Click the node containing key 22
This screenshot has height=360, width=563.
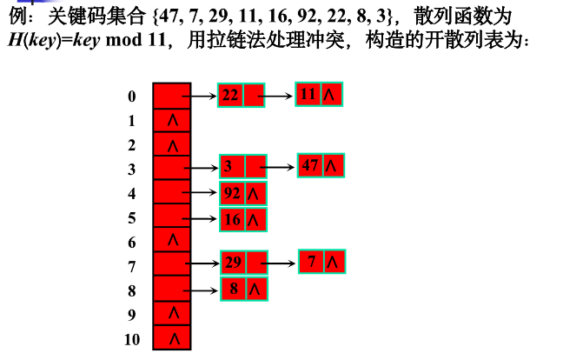tap(241, 95)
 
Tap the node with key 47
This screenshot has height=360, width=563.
tap(321, 165)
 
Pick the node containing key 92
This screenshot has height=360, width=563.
tap(242, 194)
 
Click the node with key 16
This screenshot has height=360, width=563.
tap(242, 220)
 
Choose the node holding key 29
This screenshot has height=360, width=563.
tap(242, 262)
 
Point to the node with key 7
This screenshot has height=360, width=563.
tap(321, 261)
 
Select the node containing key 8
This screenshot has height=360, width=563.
tap(242, 289)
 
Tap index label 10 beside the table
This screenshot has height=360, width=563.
tap(131, 339)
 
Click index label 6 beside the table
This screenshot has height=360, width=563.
tap(131, 242)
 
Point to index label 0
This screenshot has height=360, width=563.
tap(131, 97)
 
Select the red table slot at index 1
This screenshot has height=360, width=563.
tap(171, 120)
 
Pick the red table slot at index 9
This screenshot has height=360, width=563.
tap(171, 313)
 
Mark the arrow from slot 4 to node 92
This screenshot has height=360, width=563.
tap(200, 193)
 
